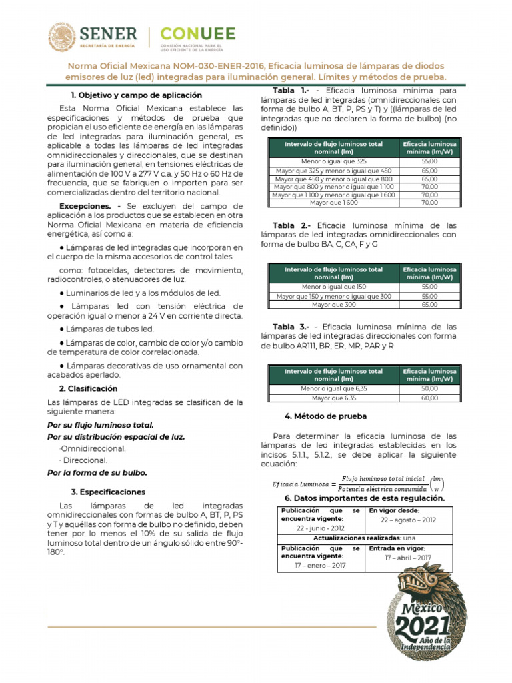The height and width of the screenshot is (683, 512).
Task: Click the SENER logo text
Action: [x=109, y=34]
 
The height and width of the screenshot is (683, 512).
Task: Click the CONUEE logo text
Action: [x=198, y=34]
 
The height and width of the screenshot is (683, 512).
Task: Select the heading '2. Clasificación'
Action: [x=88, y=388]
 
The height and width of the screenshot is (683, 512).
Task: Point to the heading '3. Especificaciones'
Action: [x=107, y=492]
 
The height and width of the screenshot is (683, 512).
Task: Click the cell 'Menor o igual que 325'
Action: [x=333, y=161]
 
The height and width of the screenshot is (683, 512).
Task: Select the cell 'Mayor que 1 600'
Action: [x=333, y=203]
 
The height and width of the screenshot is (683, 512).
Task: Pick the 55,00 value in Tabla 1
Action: [x=429, y=161]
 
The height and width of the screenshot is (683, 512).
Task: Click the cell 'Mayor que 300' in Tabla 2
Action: [x=333, y=305]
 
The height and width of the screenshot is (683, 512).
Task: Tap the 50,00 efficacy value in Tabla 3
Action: [x=429, y=388]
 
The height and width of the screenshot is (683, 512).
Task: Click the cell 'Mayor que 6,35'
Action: [x=333, y=398]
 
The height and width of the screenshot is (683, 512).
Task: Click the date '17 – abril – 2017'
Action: [x=407, y=558]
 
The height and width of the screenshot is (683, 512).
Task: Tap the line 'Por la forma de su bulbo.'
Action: [x=97, y=472]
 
